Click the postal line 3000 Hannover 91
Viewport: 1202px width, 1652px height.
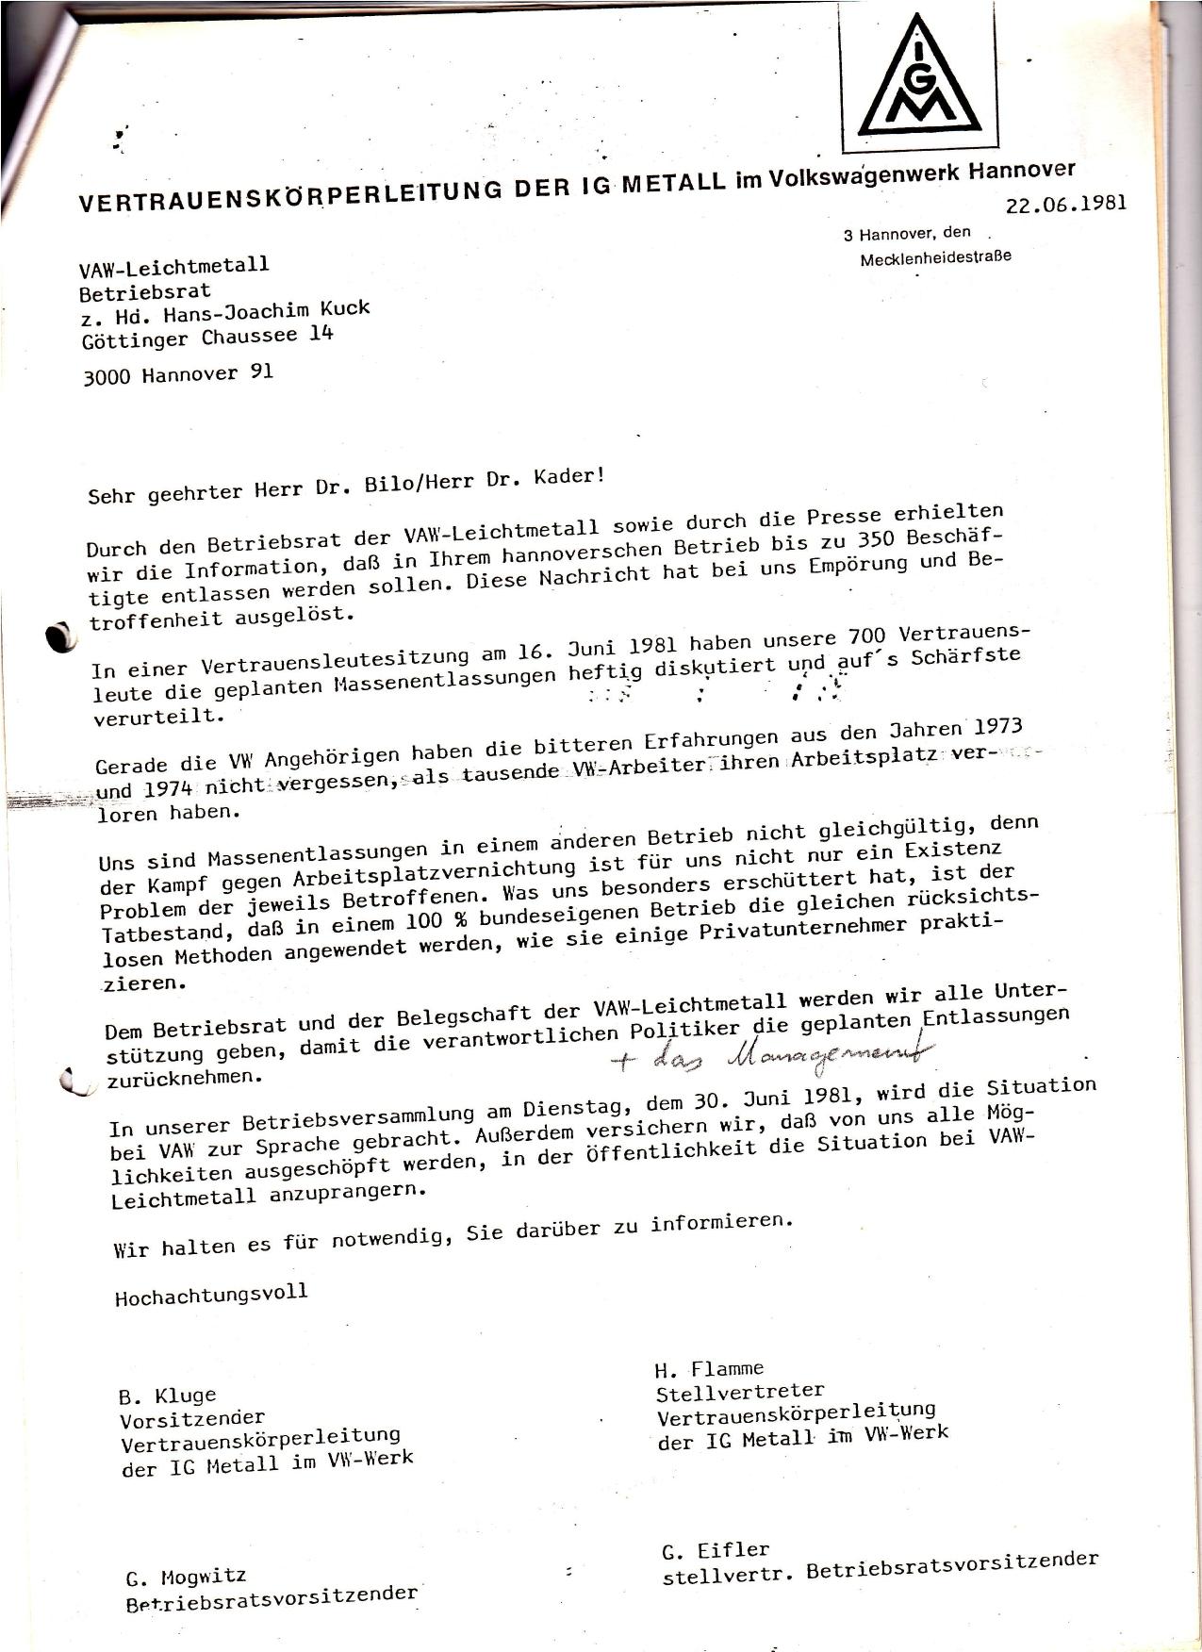(x=178, y=373)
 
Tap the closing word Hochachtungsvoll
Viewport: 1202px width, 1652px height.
(x=211, y=1294)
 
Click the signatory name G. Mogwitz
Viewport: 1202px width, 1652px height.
(x=186, y=1577)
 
